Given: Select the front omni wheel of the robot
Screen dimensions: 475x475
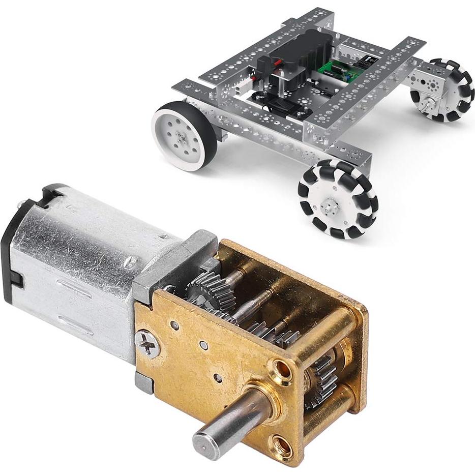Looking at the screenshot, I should pyautogui.click(x=338, y=198).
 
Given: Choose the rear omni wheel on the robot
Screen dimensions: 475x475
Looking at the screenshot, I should pyautogui.click(x=446, y=90).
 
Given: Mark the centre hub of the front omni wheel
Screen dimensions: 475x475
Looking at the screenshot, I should pyautogui.click(x=330, y=205).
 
